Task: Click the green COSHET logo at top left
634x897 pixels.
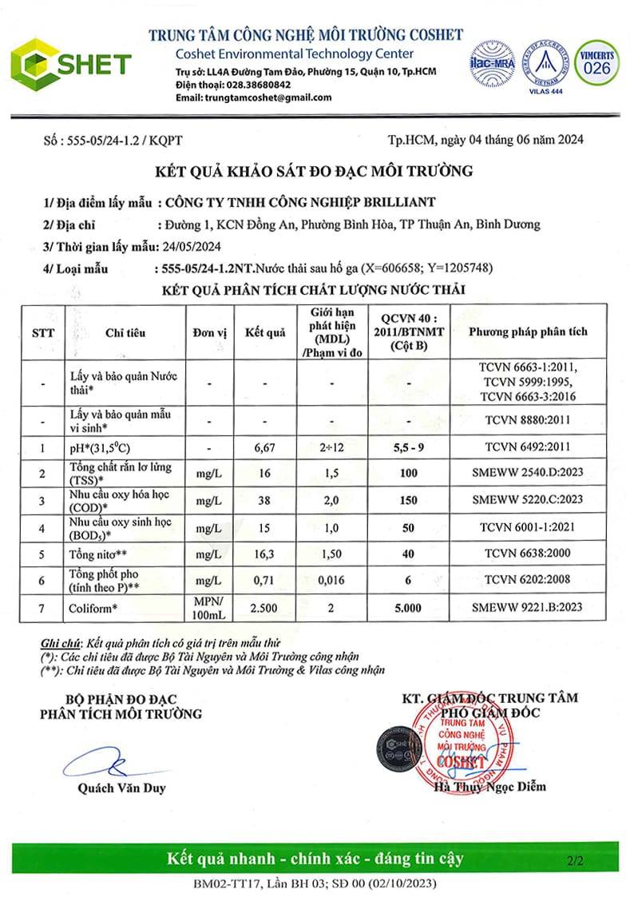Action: pos(70,62)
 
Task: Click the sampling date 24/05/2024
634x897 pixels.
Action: pos(196,246)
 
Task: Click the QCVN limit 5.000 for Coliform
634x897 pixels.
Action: pos(409,608)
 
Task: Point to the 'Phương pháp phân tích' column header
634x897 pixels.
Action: pos(528,331)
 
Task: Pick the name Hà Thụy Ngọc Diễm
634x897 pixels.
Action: pos(489,787)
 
